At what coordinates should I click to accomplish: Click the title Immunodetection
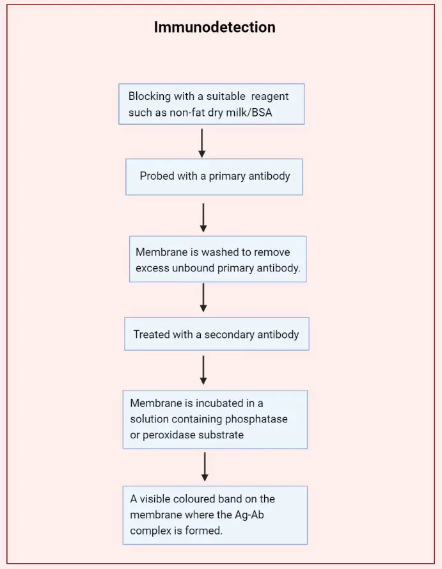tap(214, 28)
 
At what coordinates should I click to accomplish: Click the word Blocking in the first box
tap(149, 96)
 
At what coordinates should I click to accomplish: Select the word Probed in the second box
tap(157, 175)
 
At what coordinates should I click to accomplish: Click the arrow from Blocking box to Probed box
tap(202, 143)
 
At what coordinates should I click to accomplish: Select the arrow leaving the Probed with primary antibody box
tap(203, 218)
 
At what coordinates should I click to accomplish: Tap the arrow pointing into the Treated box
tap(203, 298)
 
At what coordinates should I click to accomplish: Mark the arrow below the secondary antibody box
tap(203, 370)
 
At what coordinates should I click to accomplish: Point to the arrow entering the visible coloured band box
tap(205, 467)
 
